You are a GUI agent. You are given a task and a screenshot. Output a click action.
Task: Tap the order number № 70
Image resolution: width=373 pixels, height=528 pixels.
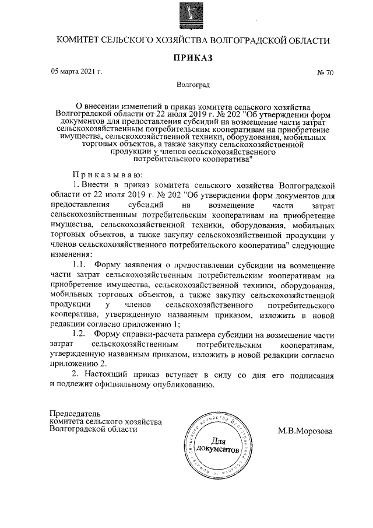pyautogui.click(x=325, y=74)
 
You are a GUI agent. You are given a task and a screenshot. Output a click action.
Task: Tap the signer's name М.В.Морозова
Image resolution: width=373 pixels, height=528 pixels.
pyautogui.click(x=307, y=431)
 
